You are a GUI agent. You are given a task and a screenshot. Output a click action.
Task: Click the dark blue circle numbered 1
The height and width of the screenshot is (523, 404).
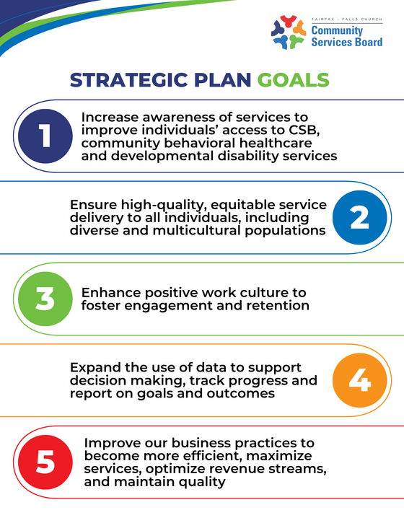click(x=45, y=136)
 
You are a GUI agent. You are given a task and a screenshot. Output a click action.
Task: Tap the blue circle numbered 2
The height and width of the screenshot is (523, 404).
click(x=359, y=217)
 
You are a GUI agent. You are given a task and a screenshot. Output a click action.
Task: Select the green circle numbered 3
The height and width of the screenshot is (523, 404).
click(x=45, y=299)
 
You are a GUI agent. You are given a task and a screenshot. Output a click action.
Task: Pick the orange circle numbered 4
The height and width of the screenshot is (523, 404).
click(x=359, y=380)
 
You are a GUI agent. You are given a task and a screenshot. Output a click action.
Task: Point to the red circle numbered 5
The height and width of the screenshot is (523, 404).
click(x=45, y=462)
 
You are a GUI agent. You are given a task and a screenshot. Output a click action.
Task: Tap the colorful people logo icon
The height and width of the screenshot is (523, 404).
click(x=289, y=32)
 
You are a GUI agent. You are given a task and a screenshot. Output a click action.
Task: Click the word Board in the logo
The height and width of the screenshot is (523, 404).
click(x=366, y=42)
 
